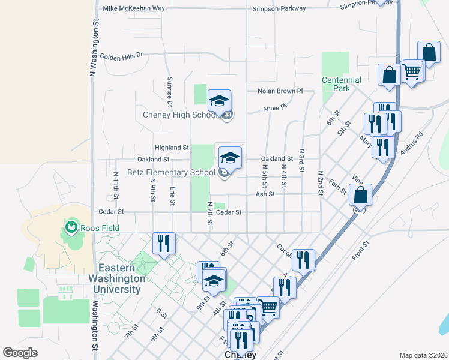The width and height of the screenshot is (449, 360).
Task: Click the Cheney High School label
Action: (179, 115)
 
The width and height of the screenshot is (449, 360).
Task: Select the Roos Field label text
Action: (101, 228)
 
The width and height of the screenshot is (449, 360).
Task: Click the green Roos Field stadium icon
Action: (71, 227)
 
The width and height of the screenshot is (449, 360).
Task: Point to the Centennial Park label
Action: (342, 84)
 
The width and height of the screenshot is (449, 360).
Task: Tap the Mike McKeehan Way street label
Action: (134, 8)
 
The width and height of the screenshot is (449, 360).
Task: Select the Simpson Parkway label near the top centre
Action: (279, 8)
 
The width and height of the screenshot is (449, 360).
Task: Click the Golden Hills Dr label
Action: (122, 56)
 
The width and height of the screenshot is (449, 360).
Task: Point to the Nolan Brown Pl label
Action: (280, 91)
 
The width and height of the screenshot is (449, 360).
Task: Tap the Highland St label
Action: (172, 147)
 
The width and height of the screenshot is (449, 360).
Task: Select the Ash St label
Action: (265, 194)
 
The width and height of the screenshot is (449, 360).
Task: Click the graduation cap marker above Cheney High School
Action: (219, 100)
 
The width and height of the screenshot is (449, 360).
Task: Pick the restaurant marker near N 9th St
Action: (163, 242)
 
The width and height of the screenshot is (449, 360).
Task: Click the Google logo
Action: (20, 352)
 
